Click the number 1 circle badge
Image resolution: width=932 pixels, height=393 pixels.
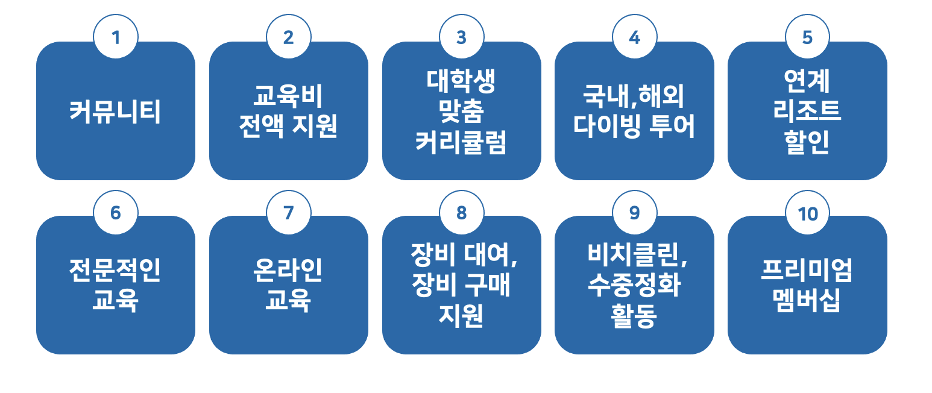(x=116, y=37)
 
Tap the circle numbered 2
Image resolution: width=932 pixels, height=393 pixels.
(x=289, y=37)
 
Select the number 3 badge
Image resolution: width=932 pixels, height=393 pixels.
(x=461, y=37)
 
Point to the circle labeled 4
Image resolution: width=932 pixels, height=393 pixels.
(x=635, y=37)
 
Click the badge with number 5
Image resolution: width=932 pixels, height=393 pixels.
(x=807, y=37)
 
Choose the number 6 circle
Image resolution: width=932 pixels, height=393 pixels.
(x=116, y=213)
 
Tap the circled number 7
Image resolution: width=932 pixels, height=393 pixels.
(x=289, y=213)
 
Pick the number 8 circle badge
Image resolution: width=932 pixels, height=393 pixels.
(x=461, y=213)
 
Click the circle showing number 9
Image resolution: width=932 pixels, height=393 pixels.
(x=635, y=213)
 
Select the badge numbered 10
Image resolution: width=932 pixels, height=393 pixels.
(x=807, y=213)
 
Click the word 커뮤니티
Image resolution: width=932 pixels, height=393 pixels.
(x=115, y=112)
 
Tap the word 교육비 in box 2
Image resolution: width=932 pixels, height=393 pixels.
(x=288, y=96)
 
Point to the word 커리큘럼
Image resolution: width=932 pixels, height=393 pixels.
(x=461, y=142)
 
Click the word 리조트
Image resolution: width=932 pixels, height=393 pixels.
(x=807, y=111)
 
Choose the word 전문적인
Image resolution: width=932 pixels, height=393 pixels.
(x=115, y=270)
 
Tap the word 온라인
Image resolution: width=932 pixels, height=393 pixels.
(x=288, y=270)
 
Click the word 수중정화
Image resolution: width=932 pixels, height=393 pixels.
(x=634, y=285)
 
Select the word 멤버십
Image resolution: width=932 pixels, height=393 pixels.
(x=807, y=300)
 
